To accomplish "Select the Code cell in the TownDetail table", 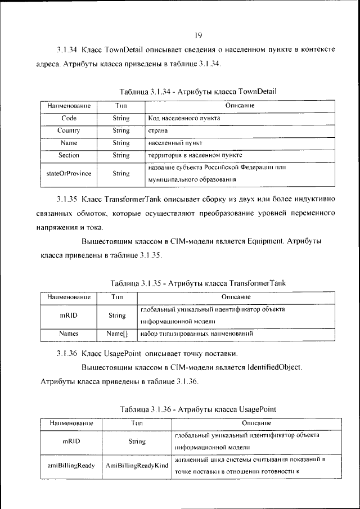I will pyautogui.click(x=69, y=118).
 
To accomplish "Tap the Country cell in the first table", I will pyautogui.click(x=69, y=130).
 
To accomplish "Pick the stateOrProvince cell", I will pyautogui.click(x=69, y=173).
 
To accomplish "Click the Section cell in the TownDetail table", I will pyautogui.click(x=69, y=155).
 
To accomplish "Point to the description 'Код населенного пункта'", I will pyautogui.click(x=184, y=119).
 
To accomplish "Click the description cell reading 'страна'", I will pyautogui.click(x=158, y=130).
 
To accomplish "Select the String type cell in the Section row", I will pyautogui.click(x=121, y=155).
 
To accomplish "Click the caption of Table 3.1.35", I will pyautogui.click(x=198, y=282).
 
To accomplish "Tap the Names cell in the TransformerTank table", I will pyautogui.click(x=69, y=334).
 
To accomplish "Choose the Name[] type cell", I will pyautogui.click(x=117, y=334).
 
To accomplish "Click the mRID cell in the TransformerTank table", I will pyautogui.click(x=69, y=316).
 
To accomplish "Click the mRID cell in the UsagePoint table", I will pyautogui.click(x=71, y=442).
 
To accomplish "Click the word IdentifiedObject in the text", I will pyautogui.click(x=274, y=367).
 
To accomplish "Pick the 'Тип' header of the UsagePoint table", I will pyautogui.click(x=137, y=422).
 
